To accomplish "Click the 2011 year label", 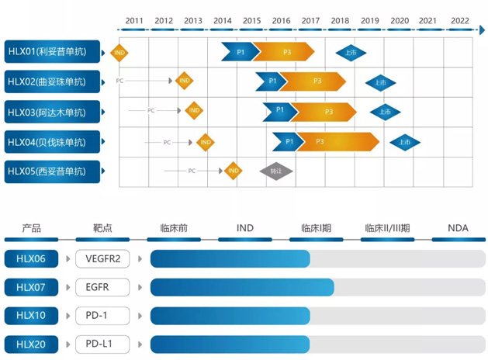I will pyautogui.click(x=133, y=20).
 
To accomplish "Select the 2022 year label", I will pyautogui.click(x=459, y=20).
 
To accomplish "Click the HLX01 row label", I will pyautogui.click(x=53, y=51).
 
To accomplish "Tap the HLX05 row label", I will pyautogui.click(x=53, y=171).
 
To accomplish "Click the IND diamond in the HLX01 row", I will pyautogui.click(x=119, y=53).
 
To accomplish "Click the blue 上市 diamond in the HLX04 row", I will pyautogui.click(x=405, y=142).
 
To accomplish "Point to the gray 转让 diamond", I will pyautogui.click(x=275, y=171).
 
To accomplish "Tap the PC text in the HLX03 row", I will pyautogui.click(x=151, y=111).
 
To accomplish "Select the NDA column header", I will pyautogui.click(x=459, y=228).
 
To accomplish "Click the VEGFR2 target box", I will pyautogui.click(x=102, y=259).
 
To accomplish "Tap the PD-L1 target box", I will pyautogui.click(x=102, y=344).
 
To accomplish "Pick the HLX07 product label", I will pyautogui.click(x=32, y=288).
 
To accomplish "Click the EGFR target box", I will pyautogui.click(x=102, y=288).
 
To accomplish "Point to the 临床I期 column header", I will pyautogui.click(x=316, y=228).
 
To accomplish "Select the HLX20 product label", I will pyautogui.click(x=32, y=344).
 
